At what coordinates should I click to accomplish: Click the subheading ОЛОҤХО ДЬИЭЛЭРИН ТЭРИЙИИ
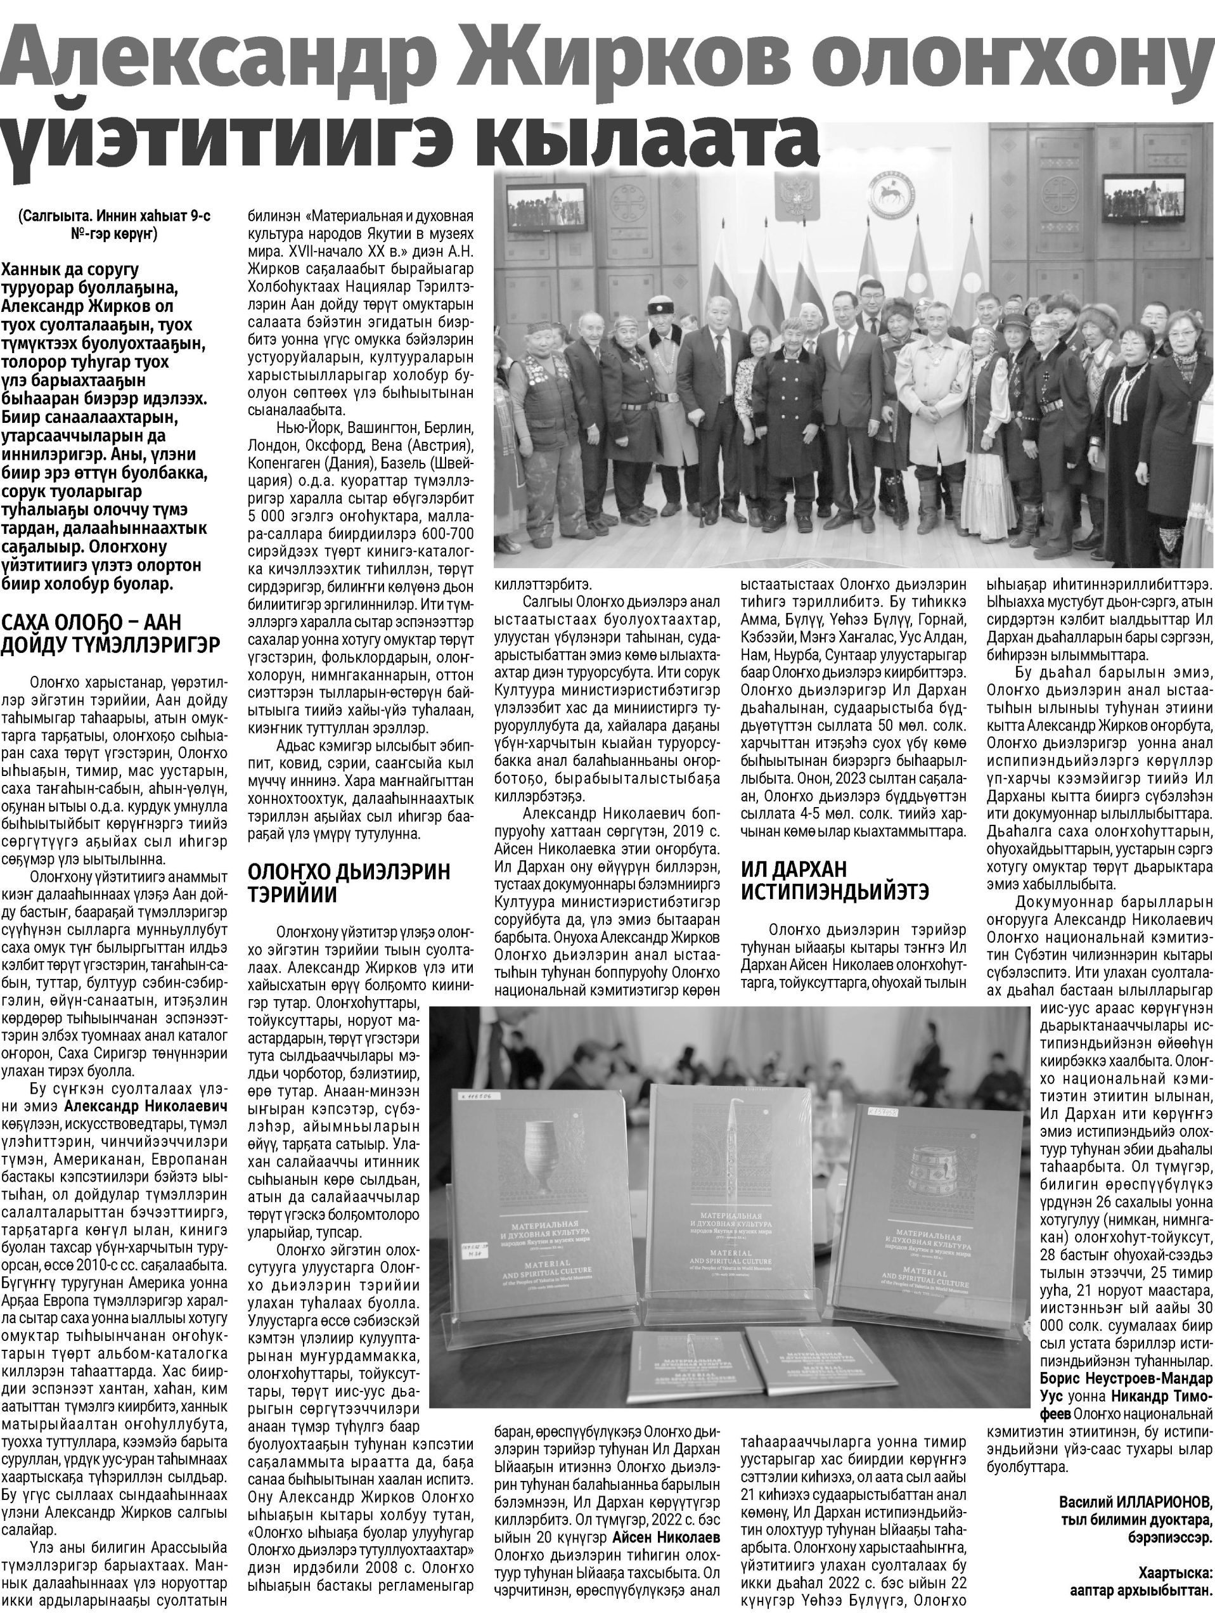[x=349, y=883]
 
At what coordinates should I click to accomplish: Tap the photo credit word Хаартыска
[x=1173, y=1587]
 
